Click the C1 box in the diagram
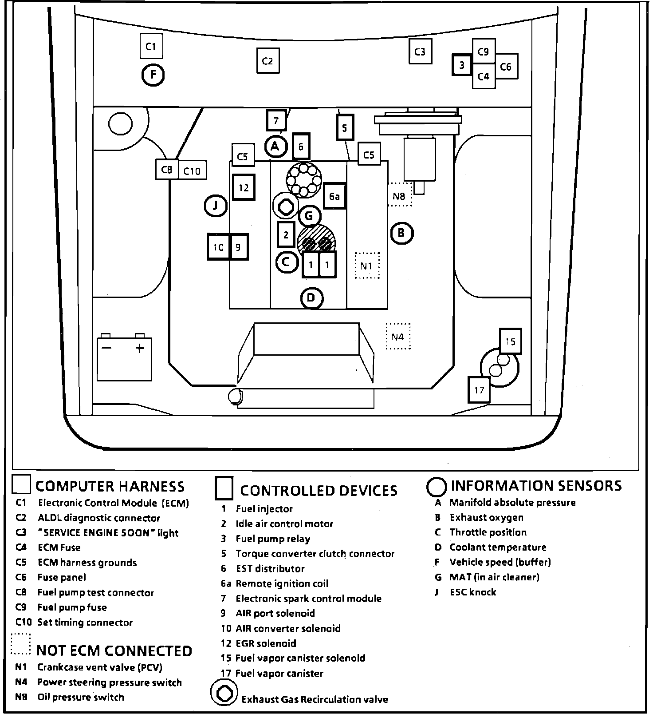point(151,46)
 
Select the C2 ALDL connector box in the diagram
point(267,61)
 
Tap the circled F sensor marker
point(153,75)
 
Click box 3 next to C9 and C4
point(462,65)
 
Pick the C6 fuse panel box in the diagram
point(506,67)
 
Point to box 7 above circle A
point(276,120)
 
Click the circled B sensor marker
point(401,233)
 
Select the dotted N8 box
point(399,195)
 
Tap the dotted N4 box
point(397,337)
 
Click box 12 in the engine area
point(244,187)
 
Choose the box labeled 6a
point(334,196)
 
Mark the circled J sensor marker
point(216,206)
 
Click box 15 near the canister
point(510,341)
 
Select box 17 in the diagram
point(479,390)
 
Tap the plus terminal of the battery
point(140,348)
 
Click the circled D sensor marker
point(311,297)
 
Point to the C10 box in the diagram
point(192,171)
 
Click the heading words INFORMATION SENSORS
point(536,486)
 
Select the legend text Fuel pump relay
point(273,539)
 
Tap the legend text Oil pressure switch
point(80,698)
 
